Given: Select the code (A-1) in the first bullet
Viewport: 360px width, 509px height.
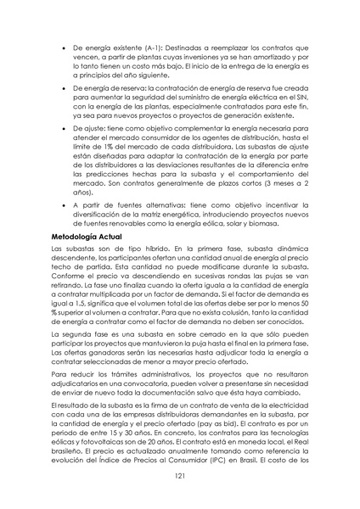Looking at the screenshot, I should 147,40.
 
